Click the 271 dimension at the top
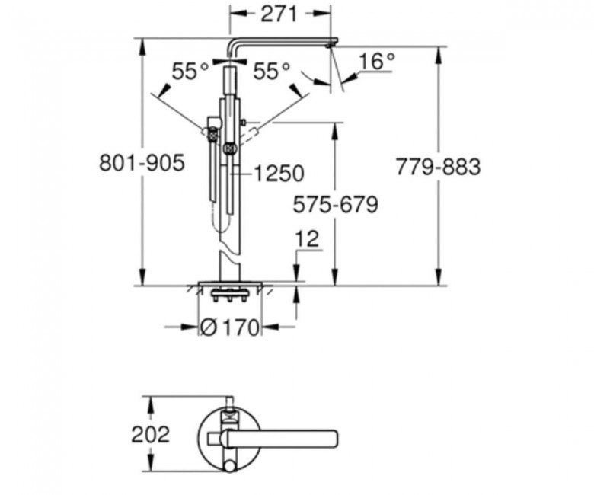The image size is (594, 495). pyautogui.click(x=279, y=14)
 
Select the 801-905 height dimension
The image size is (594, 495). pyautogui.click(x=142, y=163)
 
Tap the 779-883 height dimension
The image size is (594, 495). pyautogui.click(x=439, y=167)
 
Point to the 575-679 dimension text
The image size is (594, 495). pyautogui.click(x=336, y=205)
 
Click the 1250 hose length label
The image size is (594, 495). pyautogui.click(x=279, y=174)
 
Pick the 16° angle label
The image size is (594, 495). pyautogui.click(x=376, y=61)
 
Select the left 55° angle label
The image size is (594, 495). pyautogui.click(x=190, y=71)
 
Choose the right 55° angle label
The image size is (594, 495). pyautogui.click(x=272, y=71)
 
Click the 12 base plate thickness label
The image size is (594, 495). pyautogui.click(x=307, y=239)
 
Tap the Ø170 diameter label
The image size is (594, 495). pyautogui.click(x=229, y=327)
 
